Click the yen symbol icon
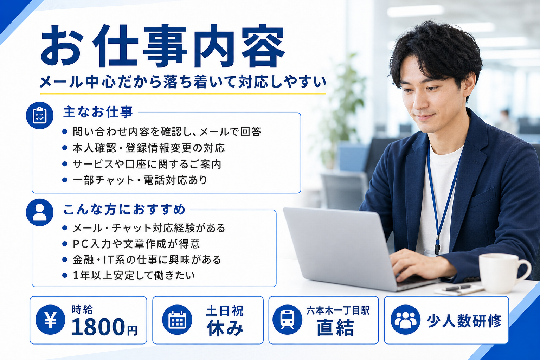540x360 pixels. [50, 320]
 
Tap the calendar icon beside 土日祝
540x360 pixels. [177, 320]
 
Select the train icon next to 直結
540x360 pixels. [287, 320]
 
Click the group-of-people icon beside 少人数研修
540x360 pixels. [405, 320]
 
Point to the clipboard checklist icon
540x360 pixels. [40, 116]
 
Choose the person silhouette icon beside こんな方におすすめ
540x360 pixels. [40, 212]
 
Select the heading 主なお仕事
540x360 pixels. [98, 112]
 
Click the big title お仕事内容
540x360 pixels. [163, 46]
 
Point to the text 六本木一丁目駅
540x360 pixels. [338, 310]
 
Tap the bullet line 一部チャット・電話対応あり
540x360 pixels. [140, 180]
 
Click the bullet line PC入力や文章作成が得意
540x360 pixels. [136, 244]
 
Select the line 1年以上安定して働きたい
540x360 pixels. [134, 275]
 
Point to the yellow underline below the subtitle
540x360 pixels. [183, 94]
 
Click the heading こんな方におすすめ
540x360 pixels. [124, 209]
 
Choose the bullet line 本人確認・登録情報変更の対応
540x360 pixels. [149, 148]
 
